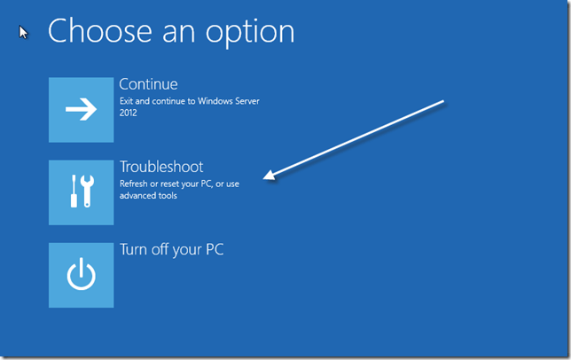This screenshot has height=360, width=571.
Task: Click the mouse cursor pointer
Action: (x=24, y=32)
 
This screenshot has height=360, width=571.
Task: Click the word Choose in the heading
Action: (x=95, y=31)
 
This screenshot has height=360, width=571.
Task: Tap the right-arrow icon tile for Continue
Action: (x=81, y=109)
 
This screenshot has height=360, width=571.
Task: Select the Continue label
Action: (x=149, y=84)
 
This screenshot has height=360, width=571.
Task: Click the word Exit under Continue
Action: (x=128, y=102)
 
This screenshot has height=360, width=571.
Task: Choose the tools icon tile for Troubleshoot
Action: (x=81, y=192)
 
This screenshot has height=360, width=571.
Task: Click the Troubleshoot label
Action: (x=161, y=167)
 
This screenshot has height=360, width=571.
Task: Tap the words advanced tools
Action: (x=148, y=196)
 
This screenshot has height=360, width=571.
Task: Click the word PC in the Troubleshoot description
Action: (x=214, y=184)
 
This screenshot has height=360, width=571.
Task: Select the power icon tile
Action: (x=81, y=275)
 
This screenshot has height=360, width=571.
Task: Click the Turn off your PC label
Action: (x=172, y=249)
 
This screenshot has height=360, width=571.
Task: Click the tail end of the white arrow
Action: (x=442, y=103)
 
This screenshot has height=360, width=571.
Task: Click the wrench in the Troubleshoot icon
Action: (x=88, y=191)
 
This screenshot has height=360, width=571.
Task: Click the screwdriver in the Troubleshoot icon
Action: (x=74, y=192)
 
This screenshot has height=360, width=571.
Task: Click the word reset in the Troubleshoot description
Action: (x=180, y=184)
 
